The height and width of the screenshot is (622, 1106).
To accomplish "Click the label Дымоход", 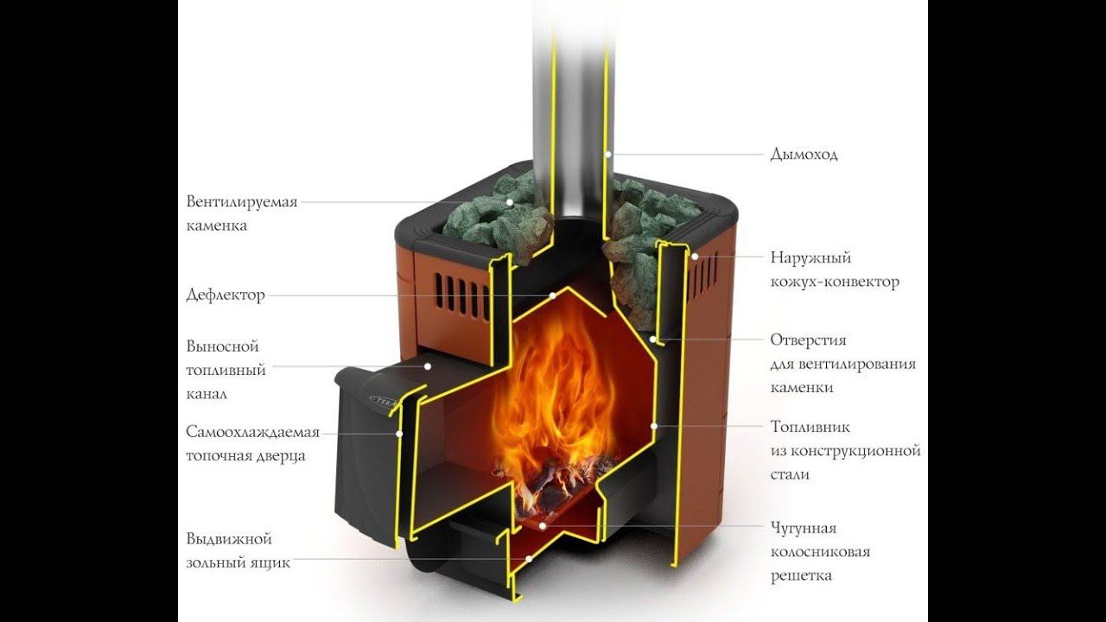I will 804,155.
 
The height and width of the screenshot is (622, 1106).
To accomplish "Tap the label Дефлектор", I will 226,295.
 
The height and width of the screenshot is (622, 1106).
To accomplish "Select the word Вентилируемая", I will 242,202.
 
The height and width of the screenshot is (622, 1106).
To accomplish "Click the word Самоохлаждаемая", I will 253,432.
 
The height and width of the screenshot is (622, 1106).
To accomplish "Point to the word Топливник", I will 810,427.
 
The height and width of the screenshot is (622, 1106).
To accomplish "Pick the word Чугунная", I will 804,528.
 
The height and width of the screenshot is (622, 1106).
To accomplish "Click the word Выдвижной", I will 229,539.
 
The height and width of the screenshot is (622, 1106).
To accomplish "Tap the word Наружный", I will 810,257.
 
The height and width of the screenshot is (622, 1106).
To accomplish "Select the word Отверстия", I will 808,340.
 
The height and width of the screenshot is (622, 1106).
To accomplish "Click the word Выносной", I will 223,346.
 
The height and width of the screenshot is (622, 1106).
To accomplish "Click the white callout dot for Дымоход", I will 608,155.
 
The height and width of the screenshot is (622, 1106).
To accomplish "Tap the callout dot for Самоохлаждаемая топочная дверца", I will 399,433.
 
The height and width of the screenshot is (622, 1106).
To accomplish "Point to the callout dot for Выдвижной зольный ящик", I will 529,559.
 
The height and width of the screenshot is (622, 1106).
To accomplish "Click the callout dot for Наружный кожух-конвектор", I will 694,257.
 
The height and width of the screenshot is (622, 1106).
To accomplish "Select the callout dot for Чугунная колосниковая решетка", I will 542,524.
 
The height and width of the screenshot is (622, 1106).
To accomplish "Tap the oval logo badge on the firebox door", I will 387,400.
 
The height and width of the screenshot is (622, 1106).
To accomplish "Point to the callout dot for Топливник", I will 654,426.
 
